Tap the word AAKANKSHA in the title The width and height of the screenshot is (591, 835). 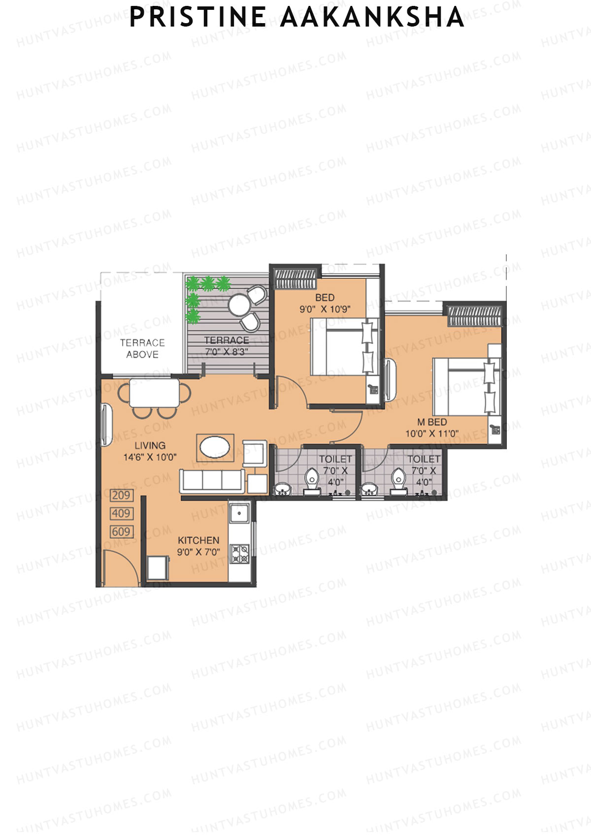coord(372,18)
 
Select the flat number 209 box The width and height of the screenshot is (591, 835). coord(121,495)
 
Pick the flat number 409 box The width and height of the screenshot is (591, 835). coord(121,514)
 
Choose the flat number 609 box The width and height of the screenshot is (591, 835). coord(121,532)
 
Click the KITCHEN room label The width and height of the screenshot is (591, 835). coord(198,540)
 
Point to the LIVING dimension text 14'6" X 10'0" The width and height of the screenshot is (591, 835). coord(150,457)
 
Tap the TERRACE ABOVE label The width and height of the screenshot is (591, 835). coord(142,348)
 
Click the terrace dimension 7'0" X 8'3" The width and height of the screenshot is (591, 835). coord(226,352)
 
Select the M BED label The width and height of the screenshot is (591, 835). coord(432,422)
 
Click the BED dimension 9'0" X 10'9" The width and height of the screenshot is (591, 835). coord(325,309)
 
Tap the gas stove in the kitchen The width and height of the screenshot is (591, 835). coord(240,554)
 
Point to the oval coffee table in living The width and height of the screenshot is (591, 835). coord(215,447)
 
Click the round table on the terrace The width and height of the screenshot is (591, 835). coord(240,306)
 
